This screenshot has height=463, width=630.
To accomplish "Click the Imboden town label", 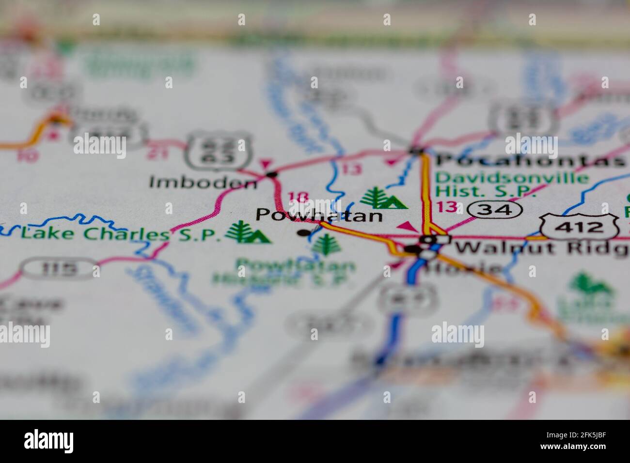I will pos(203,183).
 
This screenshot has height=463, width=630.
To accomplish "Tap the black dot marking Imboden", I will pos(272,174).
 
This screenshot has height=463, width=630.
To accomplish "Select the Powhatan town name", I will pos(319,215).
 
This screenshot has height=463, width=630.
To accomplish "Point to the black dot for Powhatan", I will pos(303,233).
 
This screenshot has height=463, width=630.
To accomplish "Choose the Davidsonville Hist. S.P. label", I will pos(512,184).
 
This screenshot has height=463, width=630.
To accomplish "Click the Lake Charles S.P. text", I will pos(118,235).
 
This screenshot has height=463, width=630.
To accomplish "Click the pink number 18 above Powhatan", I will pos(298,198).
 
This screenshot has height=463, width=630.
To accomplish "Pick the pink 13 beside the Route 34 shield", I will pos(446,207).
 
